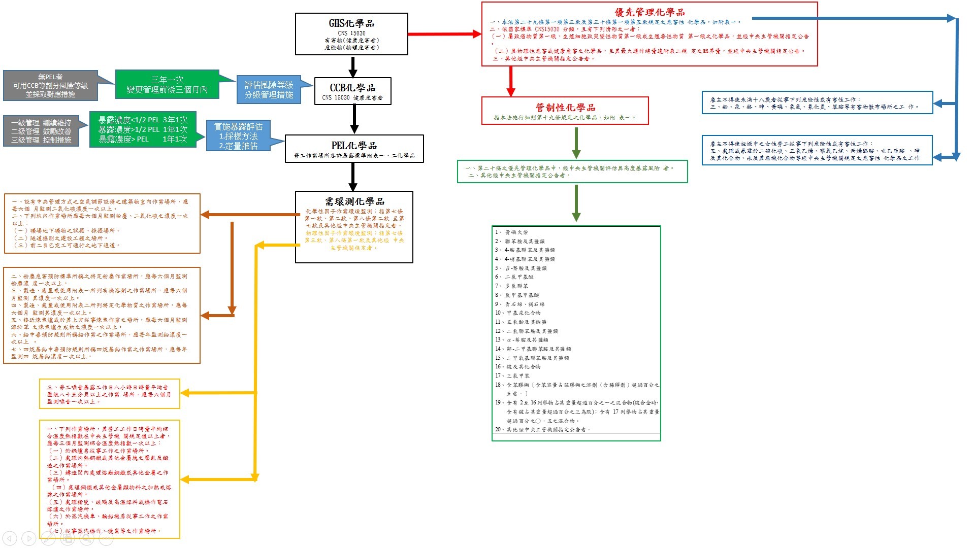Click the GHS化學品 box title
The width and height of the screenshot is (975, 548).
point(351,23)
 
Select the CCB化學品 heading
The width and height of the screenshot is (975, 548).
point(352,88)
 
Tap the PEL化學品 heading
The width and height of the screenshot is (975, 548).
point(354,146)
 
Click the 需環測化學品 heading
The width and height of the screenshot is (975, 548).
point(354,201)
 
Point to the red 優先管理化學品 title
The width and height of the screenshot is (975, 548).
point(649,12)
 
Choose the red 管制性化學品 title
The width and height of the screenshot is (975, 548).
point(565,108)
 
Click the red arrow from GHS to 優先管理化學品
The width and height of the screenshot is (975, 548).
point(444,34)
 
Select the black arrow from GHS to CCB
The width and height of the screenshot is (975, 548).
point(353,66)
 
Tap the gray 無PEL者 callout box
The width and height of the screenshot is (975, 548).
point(50,85)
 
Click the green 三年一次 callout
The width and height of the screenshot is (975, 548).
point(167,85)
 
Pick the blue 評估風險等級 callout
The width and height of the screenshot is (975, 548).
point(269,90)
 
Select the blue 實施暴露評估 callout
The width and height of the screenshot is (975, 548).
point(238,136)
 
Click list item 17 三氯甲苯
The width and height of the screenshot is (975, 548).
point(518,376)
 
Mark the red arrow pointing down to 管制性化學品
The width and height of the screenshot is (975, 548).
point(511,81)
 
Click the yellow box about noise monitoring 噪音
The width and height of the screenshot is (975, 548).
point(109,394)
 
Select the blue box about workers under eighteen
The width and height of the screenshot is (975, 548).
point(817,103)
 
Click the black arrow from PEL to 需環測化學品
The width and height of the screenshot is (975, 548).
point(353,177)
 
